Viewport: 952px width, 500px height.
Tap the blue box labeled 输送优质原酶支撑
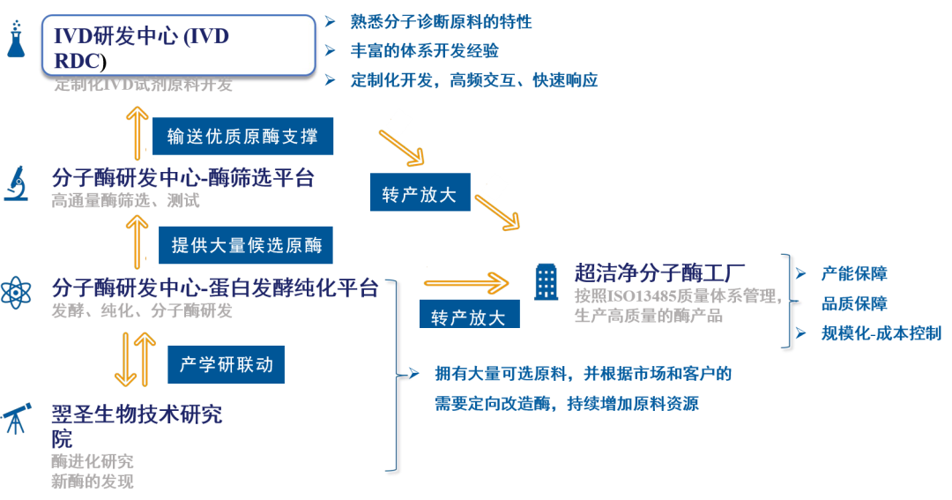coord(243,137)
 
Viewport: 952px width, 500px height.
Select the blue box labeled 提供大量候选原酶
coord(246,245)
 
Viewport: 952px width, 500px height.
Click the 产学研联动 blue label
coord(227,364)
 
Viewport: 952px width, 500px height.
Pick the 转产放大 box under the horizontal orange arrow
coord(468,317)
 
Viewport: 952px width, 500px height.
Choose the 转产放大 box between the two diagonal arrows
coord(420,195)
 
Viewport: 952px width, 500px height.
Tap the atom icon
coord(16,292)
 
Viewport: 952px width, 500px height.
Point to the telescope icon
coord(16,417)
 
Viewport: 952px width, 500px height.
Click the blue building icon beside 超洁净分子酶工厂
coord(547,282)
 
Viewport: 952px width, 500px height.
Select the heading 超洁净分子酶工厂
coord(660,272)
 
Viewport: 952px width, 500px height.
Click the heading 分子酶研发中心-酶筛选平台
coord(182,178)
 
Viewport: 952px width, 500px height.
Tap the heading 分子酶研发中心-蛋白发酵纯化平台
coord(215,288)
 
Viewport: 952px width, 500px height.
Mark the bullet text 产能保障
coord(854,273)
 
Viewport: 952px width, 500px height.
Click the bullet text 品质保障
coord(854,303)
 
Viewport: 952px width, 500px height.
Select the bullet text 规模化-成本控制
coord(881,333)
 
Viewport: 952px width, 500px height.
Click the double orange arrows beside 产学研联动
coord(135,359)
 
